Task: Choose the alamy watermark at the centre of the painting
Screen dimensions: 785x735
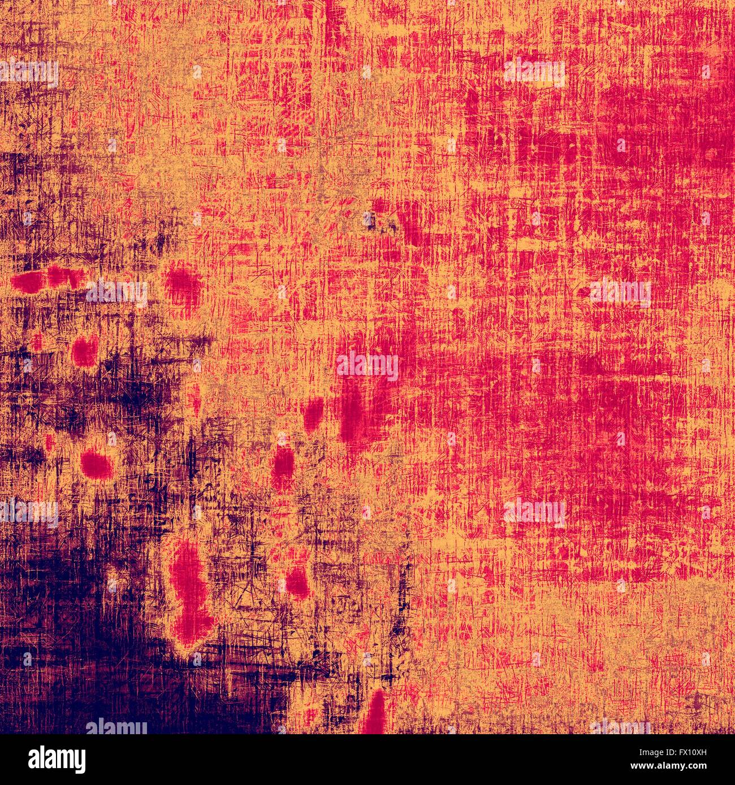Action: [367, 366]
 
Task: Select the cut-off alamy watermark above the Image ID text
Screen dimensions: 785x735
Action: [622, 726]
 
